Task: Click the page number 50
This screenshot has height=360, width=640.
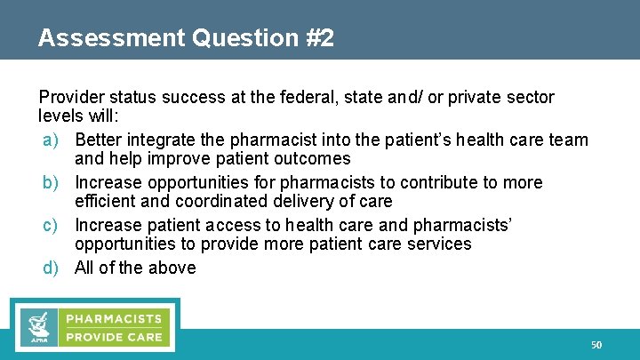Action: coord(596,344)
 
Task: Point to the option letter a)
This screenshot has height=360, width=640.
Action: coord(52,140)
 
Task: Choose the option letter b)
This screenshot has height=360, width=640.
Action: coord(52,182)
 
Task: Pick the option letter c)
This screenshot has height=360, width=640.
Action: coord(52,225)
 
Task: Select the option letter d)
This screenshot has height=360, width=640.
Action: coord(52,268)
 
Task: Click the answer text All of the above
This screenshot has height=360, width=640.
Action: coord(135,268)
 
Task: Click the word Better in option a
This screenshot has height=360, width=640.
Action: coord(99,140)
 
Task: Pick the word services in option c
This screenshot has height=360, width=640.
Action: coord(437,244)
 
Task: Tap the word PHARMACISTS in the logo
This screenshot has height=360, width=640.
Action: coord(112,318)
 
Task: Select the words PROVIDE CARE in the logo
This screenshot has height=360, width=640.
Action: coord(112,337)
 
